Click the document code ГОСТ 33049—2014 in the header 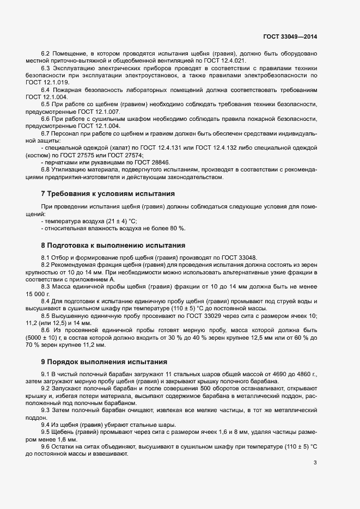pos(290,36)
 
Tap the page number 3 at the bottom pos(315,463)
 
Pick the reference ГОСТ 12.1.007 pos(102,112)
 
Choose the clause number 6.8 pos(46,169)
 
